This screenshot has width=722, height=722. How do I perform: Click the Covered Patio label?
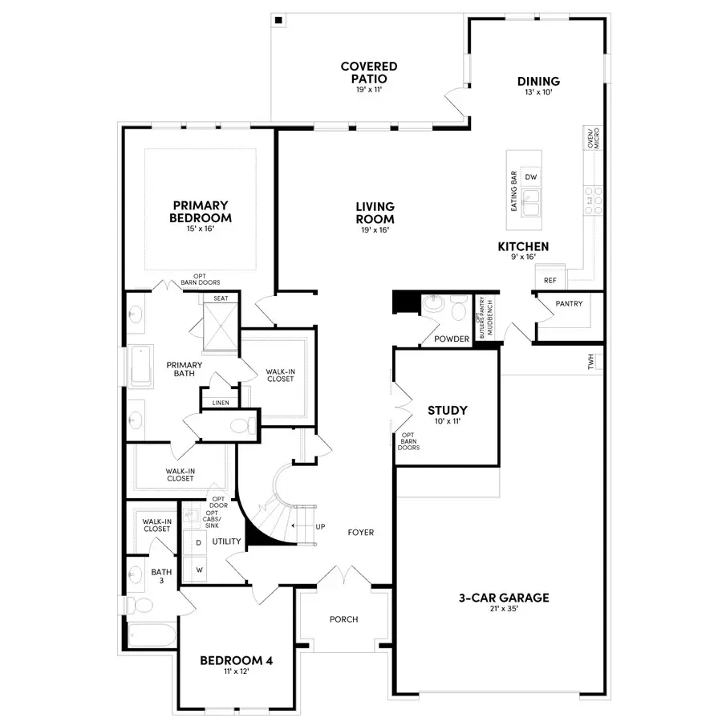[x=369, y=73]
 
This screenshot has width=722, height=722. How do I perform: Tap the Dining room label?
[x=538, y=82]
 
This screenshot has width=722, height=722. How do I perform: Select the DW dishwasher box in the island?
[x=530, y=177]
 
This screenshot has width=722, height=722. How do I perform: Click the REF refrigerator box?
[x=550, y=281]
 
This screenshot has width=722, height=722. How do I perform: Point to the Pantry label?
[x=569, y=303]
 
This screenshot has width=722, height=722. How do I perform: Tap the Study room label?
[x=448, y=411]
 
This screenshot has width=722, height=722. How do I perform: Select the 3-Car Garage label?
[x=504, y=598]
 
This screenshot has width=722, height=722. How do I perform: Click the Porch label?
[x=344, y=619]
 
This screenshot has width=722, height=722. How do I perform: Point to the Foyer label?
[x=360, y=533]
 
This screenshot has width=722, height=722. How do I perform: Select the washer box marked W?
[x=198, y=569]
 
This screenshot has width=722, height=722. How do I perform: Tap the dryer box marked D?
[x=198, y=543]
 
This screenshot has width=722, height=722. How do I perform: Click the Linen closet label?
[x=218, y=403]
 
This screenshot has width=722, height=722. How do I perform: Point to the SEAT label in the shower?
[x=219, y=298]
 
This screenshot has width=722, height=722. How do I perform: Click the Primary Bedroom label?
[x=201, y=212]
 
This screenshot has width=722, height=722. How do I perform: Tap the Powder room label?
[x=451, y=339]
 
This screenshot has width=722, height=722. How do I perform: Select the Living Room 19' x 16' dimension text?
[x=375, y=229]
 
